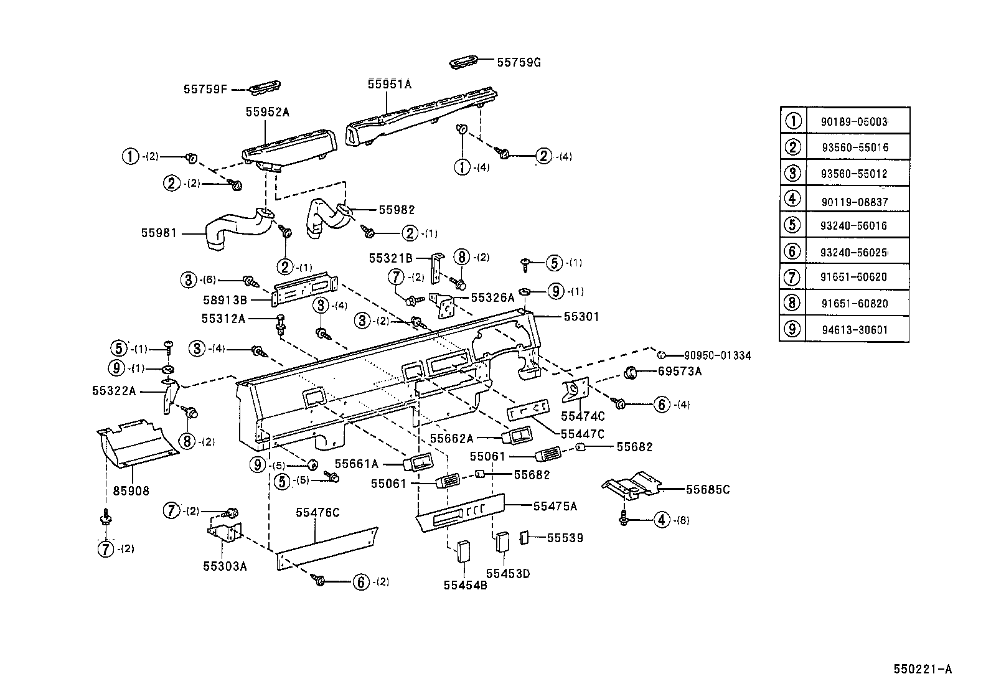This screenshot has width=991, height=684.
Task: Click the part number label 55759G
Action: click(x=519, y=62)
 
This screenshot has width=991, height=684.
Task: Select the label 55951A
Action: click(x=389, y=84)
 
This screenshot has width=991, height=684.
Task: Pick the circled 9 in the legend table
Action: click(x=792, y=329)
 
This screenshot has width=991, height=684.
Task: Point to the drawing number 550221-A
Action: click(x=923, y=670)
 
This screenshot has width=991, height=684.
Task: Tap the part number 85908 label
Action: click(x=131, y=491)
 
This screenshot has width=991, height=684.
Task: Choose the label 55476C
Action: click(x=317, y=512)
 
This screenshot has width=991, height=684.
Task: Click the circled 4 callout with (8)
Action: click(x=662, y=520)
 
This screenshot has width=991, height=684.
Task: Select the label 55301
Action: click(x=581, y=317)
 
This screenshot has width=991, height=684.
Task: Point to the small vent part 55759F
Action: click(x=264, y=88)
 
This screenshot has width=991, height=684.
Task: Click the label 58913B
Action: click(x=225, y=300)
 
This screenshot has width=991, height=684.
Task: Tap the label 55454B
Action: click(x=465, y=585)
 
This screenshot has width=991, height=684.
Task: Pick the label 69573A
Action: click(x=680, y=372)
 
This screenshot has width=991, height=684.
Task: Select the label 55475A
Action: click(x=555, y=506)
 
